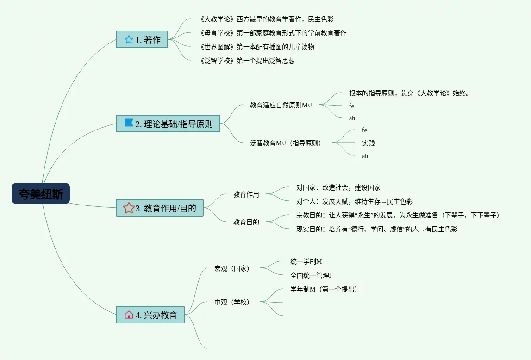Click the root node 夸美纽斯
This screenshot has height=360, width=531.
(41, 193)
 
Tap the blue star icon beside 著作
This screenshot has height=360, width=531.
(129, 40)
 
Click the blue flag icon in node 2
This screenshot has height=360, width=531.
(129, 124)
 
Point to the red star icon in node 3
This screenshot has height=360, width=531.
(129, 208)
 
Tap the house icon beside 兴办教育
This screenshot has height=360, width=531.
(129, 315)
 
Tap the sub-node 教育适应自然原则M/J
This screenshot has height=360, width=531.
(281, 105)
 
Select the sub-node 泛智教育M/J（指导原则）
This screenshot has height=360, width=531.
(286, 143)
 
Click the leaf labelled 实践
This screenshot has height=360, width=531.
(369, 143)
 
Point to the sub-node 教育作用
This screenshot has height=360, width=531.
(246, 194)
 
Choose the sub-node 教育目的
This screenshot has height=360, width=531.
(246, 222)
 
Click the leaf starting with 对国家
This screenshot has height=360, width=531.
(338, 188)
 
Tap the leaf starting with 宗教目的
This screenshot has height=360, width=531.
(398, 215)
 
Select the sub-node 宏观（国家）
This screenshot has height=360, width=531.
(232, 268)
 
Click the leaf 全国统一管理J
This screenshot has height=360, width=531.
(311, 275)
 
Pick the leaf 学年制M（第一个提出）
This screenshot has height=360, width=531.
(324, 289)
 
